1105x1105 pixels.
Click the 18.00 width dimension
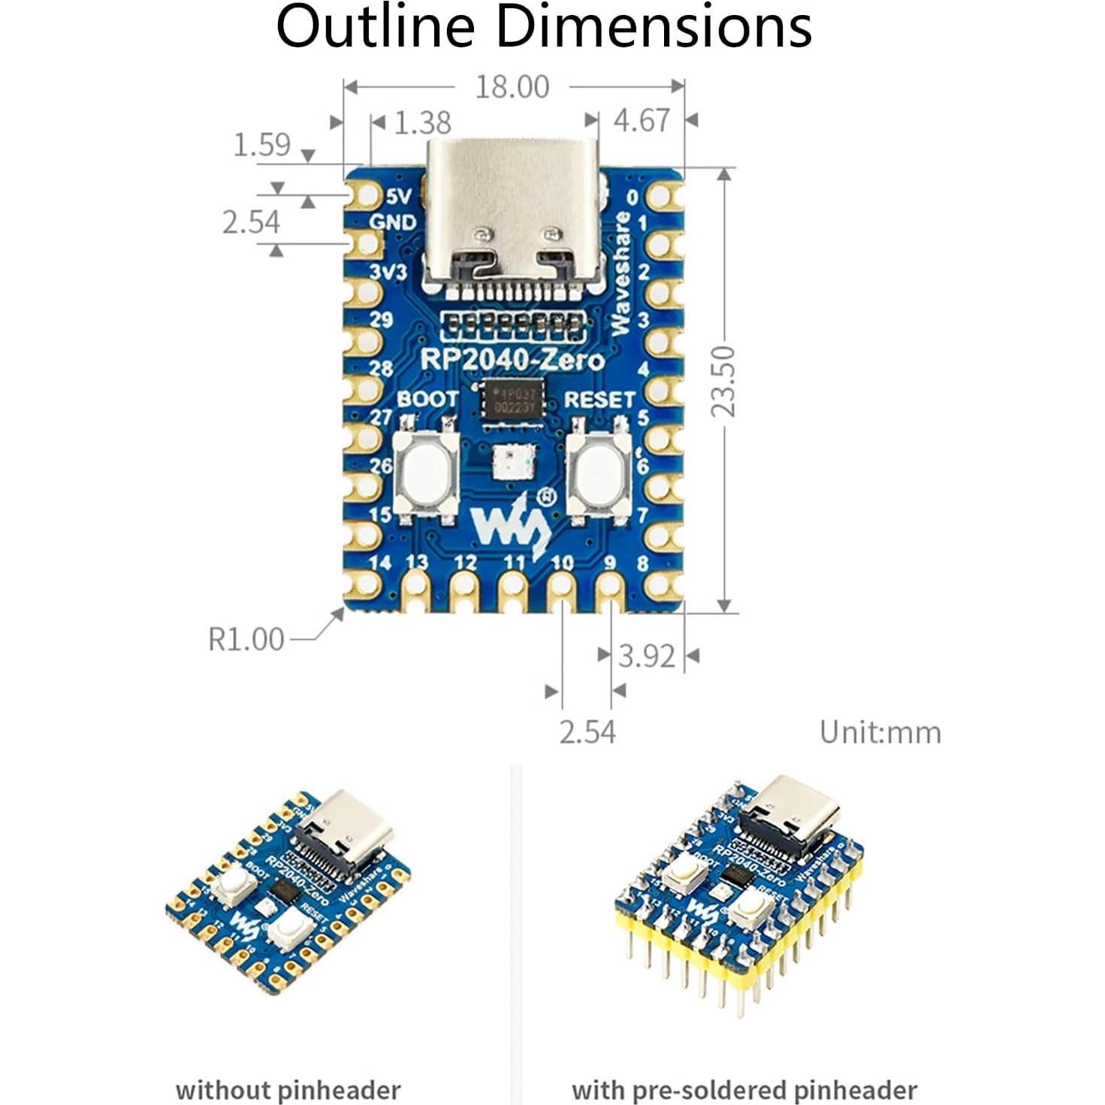512,87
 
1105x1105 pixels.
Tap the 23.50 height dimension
724,381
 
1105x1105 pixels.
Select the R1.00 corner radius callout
246,639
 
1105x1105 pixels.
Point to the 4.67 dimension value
641,120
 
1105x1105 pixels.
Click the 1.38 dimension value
422,122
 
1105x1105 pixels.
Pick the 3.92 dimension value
646,656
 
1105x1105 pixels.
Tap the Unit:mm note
880,732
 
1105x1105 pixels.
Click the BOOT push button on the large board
426,472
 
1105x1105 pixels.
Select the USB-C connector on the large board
515,214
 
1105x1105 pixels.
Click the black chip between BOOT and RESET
512,400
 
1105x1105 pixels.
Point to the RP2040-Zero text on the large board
512,360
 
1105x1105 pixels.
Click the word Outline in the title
376,27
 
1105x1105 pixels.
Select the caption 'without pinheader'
288,1089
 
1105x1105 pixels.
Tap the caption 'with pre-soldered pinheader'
744,1089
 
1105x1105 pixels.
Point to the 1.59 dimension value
261,144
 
